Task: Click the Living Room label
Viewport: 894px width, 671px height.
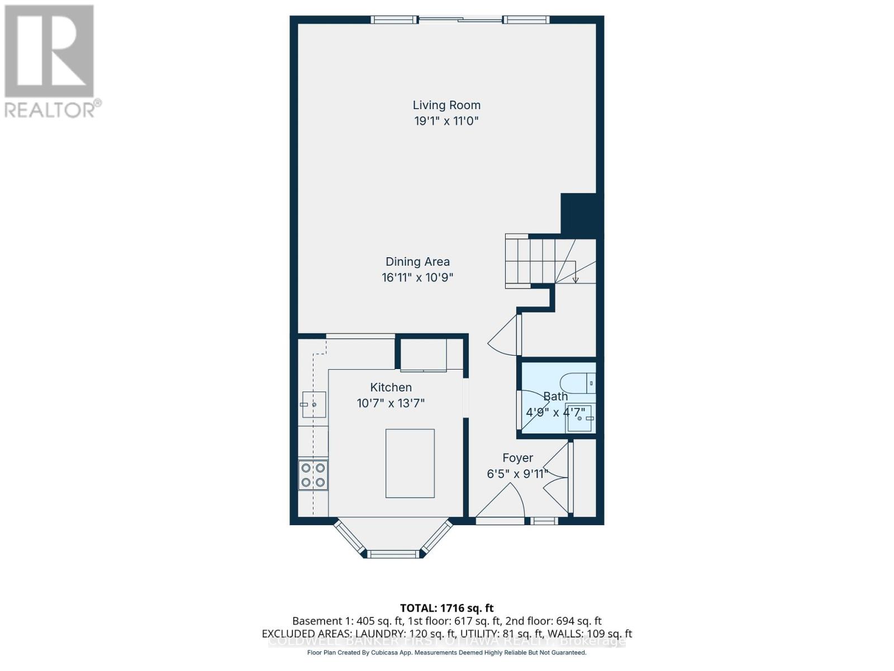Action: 446,105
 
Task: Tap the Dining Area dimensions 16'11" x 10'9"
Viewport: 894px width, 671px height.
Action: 417,277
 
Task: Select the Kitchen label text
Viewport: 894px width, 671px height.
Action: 391,387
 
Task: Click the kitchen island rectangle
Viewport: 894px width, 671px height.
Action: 410,463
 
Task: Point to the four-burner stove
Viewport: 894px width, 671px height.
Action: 313,475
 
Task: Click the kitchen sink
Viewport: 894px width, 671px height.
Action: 313,404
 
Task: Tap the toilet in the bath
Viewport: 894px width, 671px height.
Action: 579,383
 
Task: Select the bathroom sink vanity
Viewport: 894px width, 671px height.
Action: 581,418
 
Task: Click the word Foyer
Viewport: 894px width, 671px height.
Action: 517,458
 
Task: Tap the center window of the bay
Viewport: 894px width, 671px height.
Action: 393,554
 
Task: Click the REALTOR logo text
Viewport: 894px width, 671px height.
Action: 53,109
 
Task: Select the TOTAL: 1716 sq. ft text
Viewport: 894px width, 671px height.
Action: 446,608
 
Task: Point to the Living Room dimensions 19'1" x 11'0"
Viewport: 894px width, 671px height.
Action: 446,121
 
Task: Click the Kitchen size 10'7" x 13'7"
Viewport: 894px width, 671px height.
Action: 391,403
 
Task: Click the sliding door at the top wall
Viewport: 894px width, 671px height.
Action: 460,21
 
